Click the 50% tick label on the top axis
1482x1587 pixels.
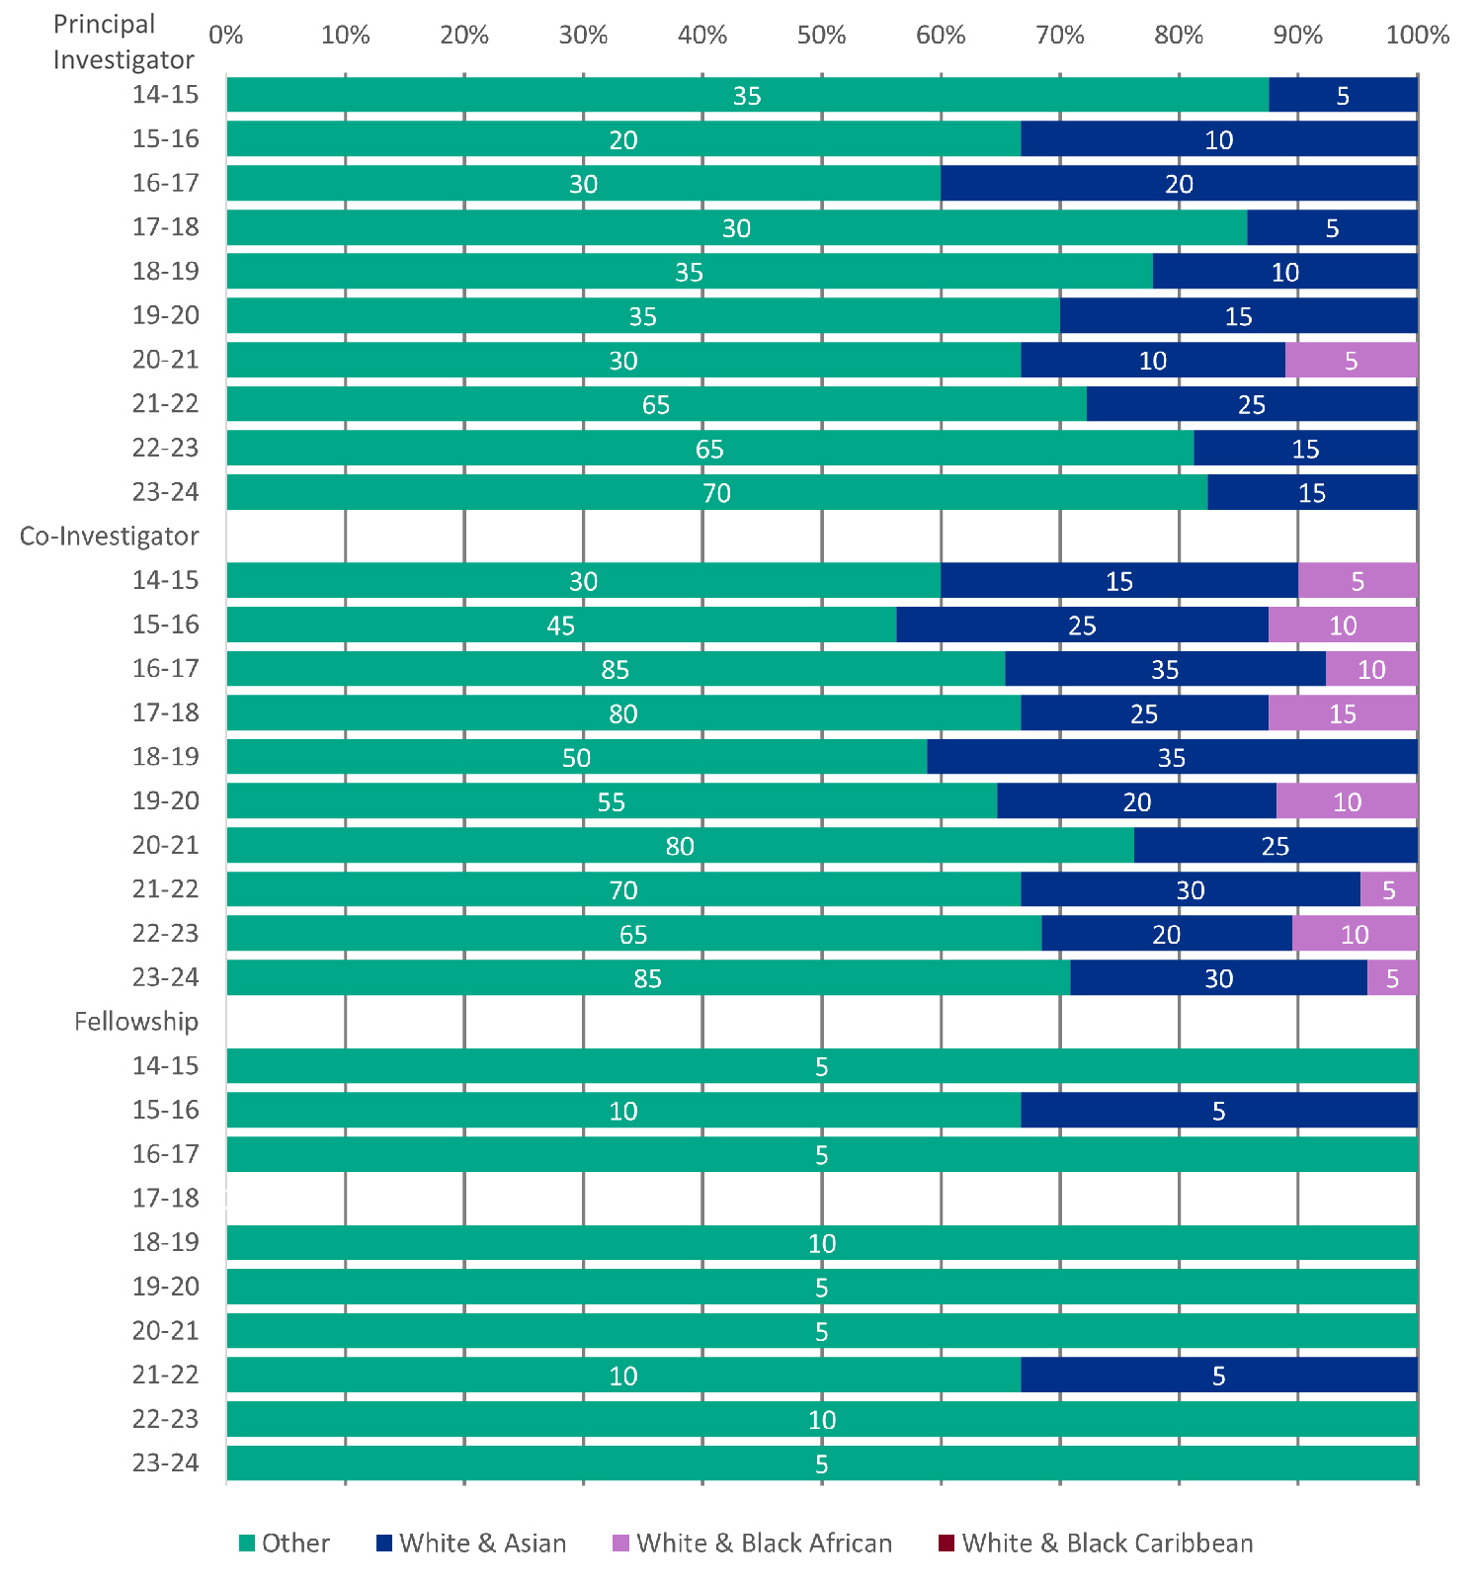coord(821,36)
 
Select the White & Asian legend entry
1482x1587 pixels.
coord(471,1544)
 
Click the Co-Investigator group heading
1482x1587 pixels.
coord(110,537)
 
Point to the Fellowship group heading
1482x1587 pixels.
coord(136,1022)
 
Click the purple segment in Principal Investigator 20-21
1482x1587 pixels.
coord(1351,360)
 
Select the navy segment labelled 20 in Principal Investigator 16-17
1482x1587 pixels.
coord(1179,184)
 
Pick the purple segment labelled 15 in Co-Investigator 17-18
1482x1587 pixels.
coord(1343,713)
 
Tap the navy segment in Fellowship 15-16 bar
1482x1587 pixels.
coord(1218,1111)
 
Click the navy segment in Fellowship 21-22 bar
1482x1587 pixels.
coord(1218,1376)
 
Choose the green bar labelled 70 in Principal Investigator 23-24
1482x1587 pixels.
coord(716,492)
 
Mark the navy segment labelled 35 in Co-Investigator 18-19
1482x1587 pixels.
coord(1172,758)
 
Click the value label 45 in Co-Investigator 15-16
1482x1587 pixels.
coord(561,626)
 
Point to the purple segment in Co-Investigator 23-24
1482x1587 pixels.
coord(1392,978)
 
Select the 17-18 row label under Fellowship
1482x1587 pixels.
coord(166,1199)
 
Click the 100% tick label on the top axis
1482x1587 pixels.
coord(1417,36)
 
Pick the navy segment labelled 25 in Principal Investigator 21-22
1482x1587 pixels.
coord(1251,404)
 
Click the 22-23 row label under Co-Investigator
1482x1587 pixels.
coord(166,934)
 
